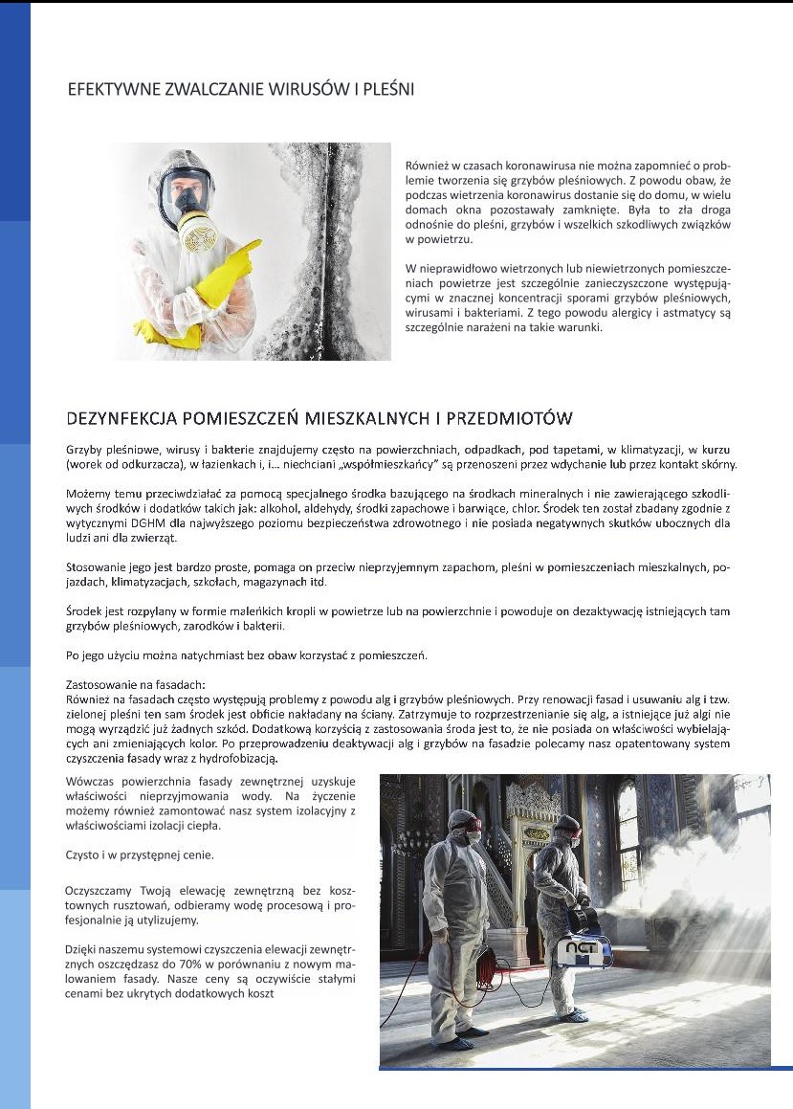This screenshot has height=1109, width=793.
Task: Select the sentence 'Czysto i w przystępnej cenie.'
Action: coord(139,854)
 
